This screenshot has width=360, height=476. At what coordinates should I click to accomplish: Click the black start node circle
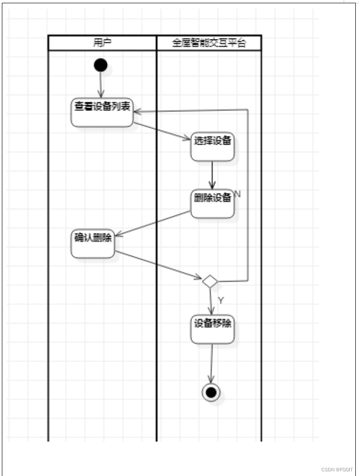coord(100,65)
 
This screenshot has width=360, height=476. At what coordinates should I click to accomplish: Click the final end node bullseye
coord(211,392)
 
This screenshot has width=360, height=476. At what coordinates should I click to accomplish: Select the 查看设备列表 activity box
coord(102,112)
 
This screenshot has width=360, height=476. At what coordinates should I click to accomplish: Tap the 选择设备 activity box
coord(213,147)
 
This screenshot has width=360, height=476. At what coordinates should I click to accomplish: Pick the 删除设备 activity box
coord(213,203)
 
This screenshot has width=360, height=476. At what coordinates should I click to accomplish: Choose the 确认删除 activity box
coord(93,243)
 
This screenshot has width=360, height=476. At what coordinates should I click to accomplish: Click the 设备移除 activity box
coord(213,329)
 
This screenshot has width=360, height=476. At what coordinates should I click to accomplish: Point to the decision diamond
coord(210,281)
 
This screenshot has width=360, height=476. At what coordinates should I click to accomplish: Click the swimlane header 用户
coord(102,43)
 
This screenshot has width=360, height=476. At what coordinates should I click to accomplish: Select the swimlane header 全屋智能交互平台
coord(209,43)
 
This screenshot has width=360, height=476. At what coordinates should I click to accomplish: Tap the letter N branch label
coord(237,194)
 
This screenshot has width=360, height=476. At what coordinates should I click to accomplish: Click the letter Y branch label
coord(221,301)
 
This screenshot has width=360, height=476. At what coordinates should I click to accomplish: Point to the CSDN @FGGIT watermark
coord(337,469)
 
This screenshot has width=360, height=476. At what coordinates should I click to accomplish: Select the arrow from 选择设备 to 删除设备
coord(213,174)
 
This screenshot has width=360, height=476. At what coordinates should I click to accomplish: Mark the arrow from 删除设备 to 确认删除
coord(153,224)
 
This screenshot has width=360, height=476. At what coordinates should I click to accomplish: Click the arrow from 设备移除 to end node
coord(212,363)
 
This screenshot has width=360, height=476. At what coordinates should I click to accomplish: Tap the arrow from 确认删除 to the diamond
coord(158,266)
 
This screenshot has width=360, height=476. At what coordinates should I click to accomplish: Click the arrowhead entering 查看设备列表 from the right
coord(138,111)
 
